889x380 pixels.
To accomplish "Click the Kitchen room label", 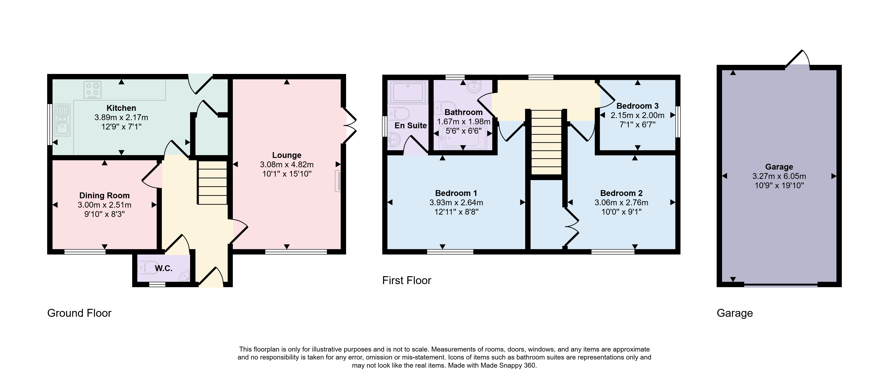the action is (x=121, y=108).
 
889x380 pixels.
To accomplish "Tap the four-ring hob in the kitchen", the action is (x=92, y=89).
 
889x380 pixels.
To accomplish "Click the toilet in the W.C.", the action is (x=146, y=267).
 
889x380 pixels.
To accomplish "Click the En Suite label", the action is (x=411, y=126).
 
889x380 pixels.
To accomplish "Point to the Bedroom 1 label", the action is (x=456, y=193).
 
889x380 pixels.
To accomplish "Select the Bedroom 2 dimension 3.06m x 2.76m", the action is (x=621, y=203).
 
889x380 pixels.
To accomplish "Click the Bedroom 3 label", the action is (x=638, y=106).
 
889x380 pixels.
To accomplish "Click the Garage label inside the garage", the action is (x=779, y=167).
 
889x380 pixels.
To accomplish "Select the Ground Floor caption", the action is (x=79, y=313).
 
